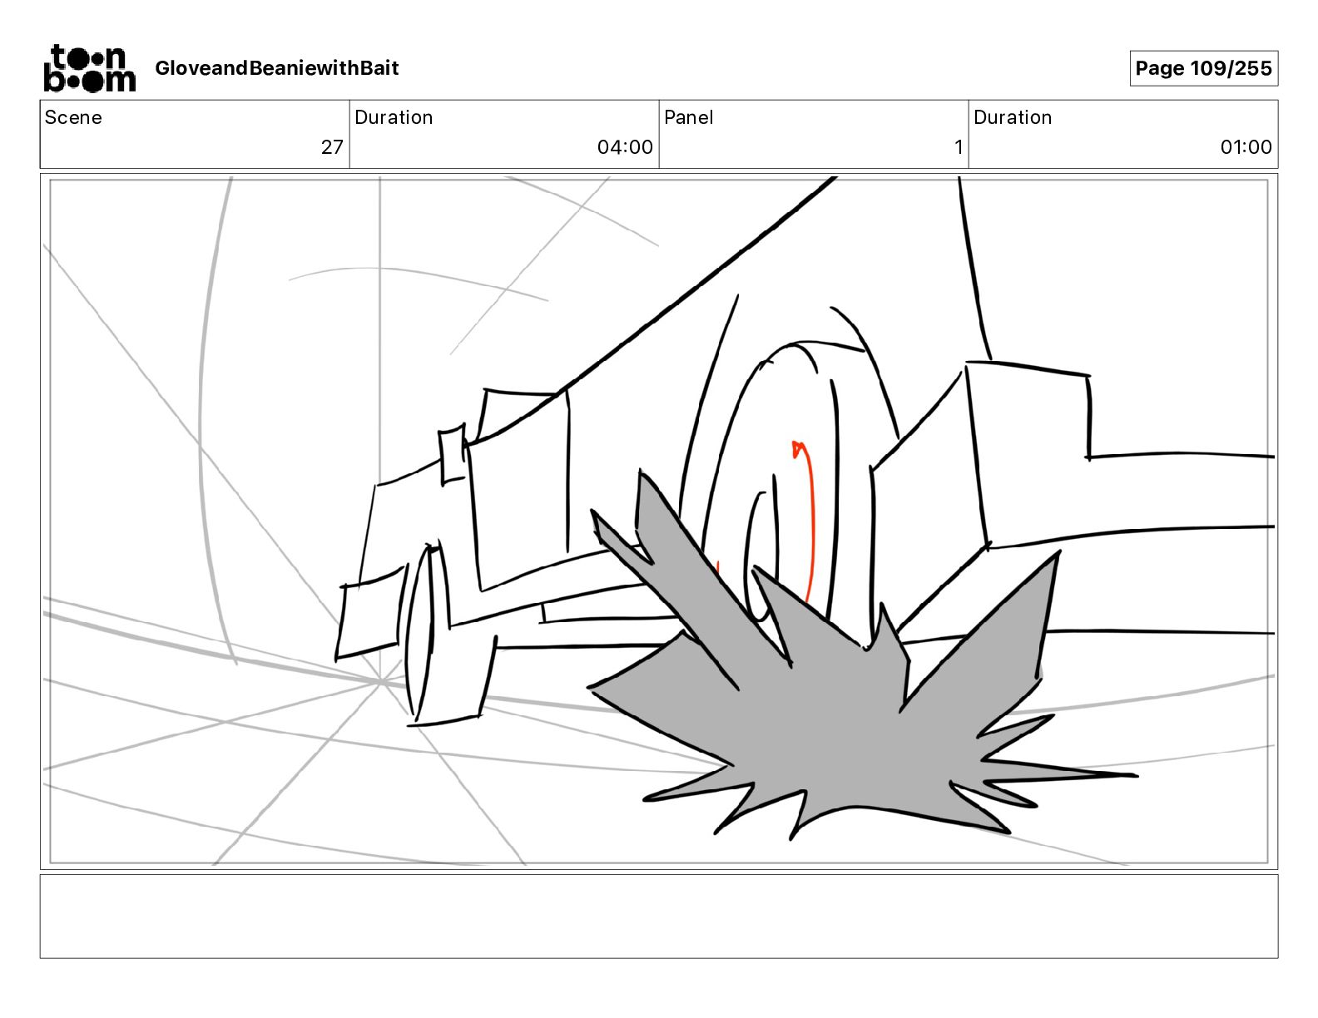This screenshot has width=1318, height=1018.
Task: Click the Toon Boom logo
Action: [89, 68]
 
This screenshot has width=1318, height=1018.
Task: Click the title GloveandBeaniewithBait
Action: [276, 68]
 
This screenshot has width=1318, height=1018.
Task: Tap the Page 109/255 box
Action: [1203, 68]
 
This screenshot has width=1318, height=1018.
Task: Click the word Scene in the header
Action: [73, 117]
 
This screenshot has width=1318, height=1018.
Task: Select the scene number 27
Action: [332, 147]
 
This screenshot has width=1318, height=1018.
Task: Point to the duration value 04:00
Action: [625, 147]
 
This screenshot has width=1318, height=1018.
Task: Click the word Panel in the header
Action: [688, 117]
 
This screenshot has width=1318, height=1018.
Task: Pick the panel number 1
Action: [959, 147]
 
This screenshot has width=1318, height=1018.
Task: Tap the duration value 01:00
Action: [1246, 147]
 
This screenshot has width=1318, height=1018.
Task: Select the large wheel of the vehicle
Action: [782, 466]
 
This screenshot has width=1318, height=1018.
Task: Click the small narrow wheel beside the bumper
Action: [422, 632]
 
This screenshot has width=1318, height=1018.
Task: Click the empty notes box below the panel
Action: [658, 916]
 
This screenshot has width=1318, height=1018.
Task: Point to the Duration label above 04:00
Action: [394, 117]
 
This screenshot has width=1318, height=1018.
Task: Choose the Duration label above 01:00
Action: [1013, 117]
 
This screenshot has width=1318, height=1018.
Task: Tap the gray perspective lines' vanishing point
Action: [380, 682]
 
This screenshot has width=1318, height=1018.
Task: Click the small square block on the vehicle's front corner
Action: [453, 453]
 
